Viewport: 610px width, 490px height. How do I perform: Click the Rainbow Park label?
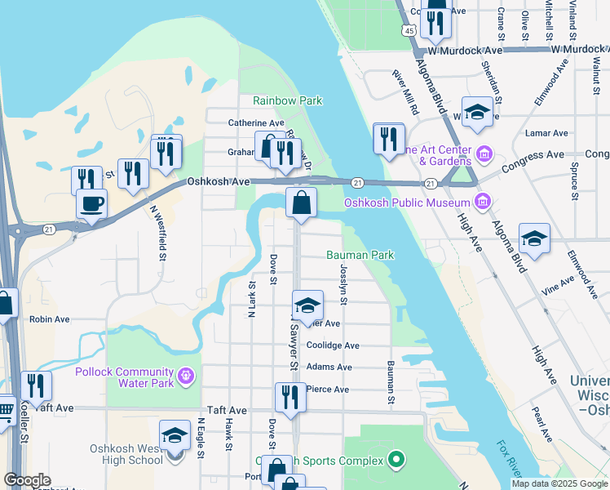tap(287, 100)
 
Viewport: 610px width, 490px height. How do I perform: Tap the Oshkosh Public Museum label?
tap(408, 203)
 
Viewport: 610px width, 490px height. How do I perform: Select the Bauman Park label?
tap(360, 256)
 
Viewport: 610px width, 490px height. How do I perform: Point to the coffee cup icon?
tap(92, 203)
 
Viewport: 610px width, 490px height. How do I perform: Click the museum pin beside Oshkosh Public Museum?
tap(482, 201)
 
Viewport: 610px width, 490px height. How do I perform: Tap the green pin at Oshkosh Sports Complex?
tap(396, 461)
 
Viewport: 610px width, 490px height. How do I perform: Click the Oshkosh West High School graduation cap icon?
tap(175, 437)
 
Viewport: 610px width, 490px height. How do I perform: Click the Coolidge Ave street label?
tap(333, 345)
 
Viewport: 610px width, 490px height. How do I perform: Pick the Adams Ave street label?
tap(329, 367)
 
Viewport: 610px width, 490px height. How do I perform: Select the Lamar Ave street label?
tap(547, 133)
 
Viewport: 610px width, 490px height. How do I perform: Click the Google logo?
tap(27, 480)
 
